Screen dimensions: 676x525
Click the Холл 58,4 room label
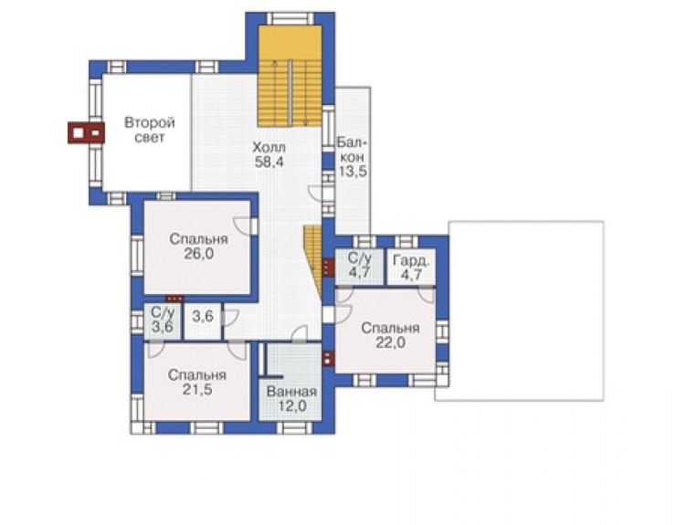click(269, 154)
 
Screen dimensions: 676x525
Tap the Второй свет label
click(150, 130)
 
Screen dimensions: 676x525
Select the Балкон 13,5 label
click(353, 157)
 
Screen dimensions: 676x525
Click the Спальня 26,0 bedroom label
click(199, 247)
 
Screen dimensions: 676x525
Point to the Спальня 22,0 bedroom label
click(390, 335)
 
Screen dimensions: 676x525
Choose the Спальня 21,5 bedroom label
click(197, 382)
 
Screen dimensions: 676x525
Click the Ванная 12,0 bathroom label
click(292, 398)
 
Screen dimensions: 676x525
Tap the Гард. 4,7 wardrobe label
click(411, 268)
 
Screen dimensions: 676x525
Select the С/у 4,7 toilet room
click(359, 267)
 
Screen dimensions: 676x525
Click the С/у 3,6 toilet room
click(162, 321)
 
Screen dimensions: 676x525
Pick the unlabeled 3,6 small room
click(203, 321)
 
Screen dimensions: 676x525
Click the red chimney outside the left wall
click(86, 132)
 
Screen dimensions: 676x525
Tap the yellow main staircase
click(290, 76)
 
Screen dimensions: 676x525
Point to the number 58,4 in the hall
click(269, 163)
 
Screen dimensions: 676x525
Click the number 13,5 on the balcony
click(353, 172)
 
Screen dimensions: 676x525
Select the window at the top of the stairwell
click(290, 18)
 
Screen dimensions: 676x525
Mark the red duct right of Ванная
click(329, 358)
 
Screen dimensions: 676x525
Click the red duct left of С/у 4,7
click(329, 267)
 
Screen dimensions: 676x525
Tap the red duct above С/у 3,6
click(175, 299)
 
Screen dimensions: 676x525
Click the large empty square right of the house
click(526, 311)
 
